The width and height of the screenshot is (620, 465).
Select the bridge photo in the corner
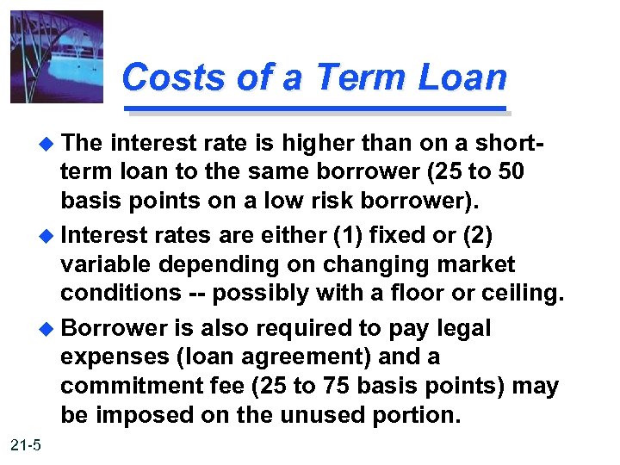(57, 57)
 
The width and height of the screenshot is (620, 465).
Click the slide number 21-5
(27, 444)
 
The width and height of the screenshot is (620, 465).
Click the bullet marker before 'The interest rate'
(47, 142)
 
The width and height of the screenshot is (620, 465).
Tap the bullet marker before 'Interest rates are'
(47, 235)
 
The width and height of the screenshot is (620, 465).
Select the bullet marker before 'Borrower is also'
(47, 328)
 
